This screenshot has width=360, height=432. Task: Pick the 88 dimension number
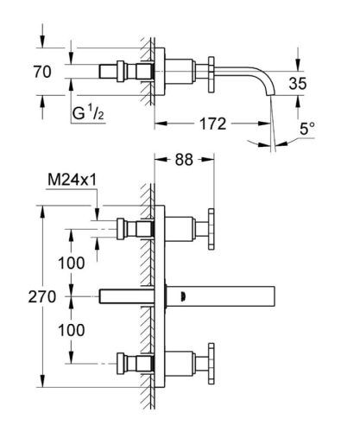pyautogui.click(x=182, y=162)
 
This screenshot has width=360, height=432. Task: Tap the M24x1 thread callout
pyautogui.click(x=72, y=180)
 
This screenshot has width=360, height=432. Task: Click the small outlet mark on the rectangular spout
pyautogui.click(x=182, y=296)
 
